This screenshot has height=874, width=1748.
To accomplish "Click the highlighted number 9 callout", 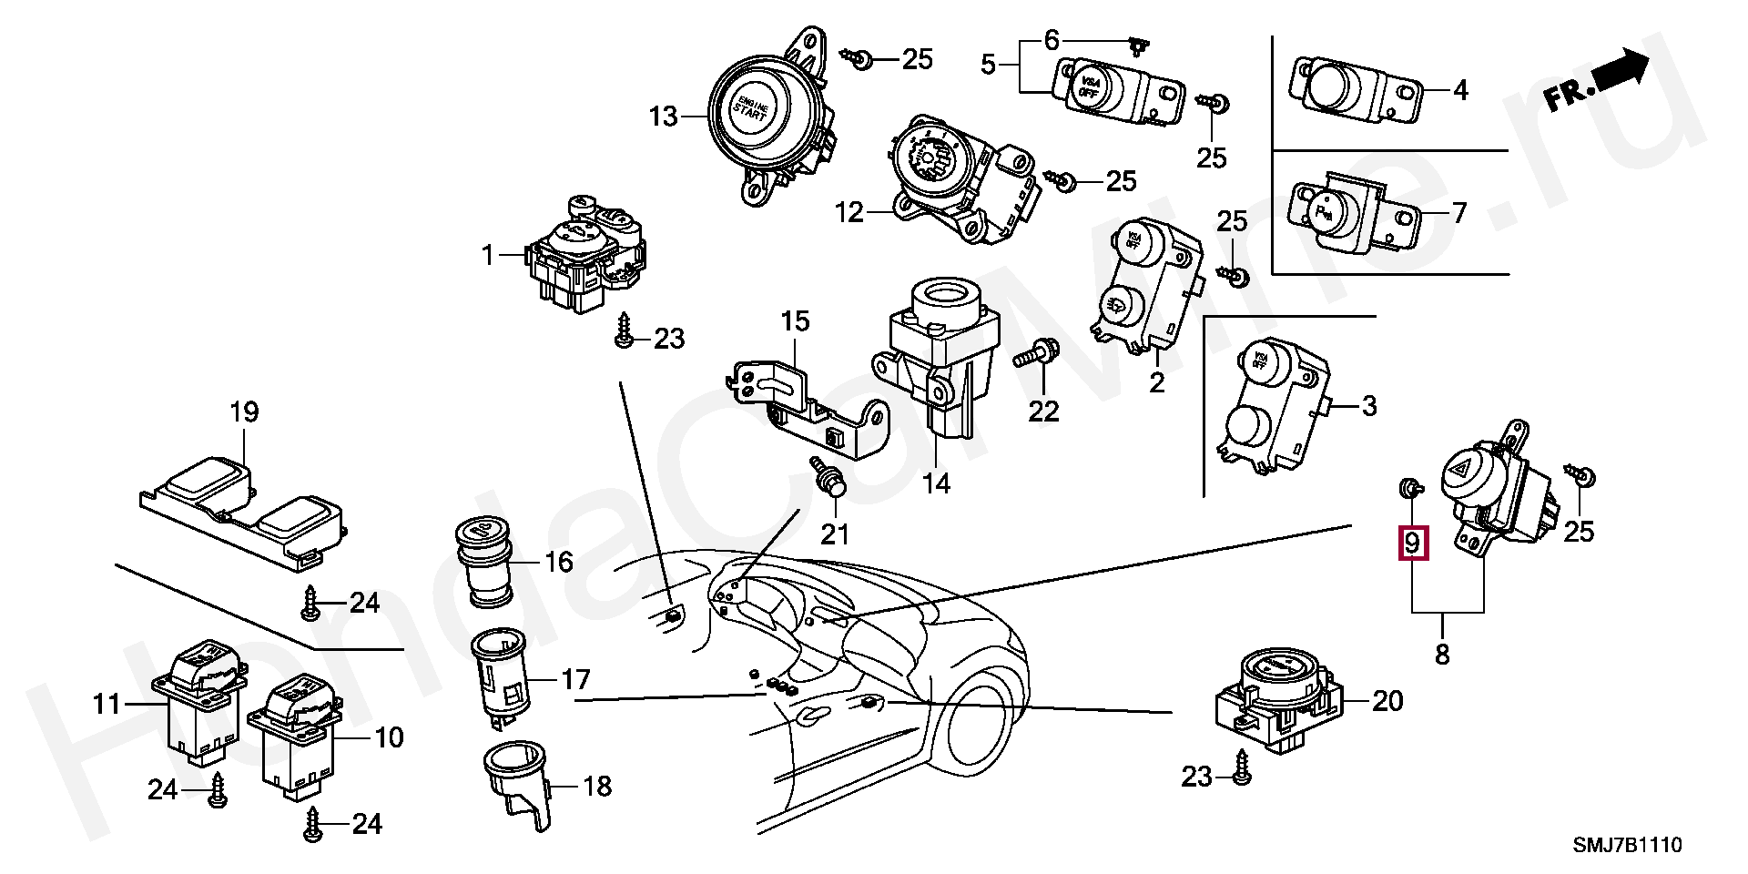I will coord(1412,544).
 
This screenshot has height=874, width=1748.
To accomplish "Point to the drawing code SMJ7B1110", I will coord(1628,846).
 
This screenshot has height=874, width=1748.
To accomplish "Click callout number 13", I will coord(664,117).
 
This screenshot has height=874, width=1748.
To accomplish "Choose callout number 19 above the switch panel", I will coord(244,412).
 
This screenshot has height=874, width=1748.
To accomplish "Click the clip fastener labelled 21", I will coord(831,482).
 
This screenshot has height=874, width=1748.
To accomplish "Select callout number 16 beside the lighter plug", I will coord(559,562).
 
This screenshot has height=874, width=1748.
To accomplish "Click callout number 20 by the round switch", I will coord(1387,701).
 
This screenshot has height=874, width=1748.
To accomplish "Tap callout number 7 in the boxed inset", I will coord(1458,214).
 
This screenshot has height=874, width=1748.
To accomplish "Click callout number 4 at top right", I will coord(1460,91).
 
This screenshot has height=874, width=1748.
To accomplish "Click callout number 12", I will coord(849,213).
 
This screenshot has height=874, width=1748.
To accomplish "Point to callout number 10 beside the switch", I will coord(389,737).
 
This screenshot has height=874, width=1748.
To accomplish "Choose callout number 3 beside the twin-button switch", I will coord(1369,407).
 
